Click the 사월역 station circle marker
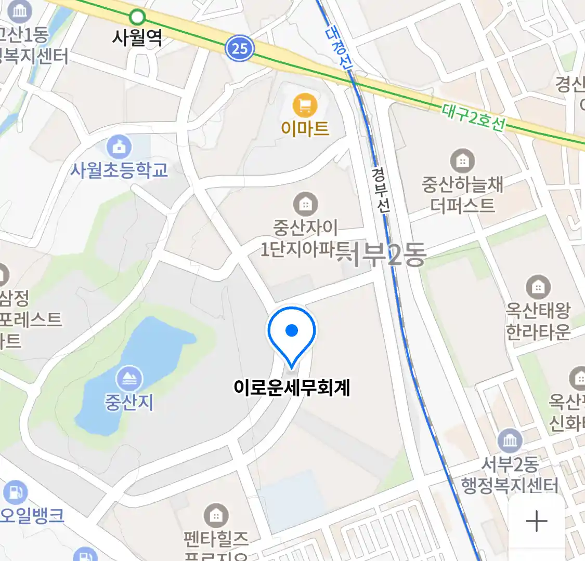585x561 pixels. point(137,17)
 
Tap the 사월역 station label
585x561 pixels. point(137,37)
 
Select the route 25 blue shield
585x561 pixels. point(239,48)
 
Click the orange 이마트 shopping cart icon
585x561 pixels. point(305,105)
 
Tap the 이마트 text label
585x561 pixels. point(305,128)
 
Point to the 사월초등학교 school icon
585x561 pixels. point(120,148)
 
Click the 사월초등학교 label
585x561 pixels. point(120,170)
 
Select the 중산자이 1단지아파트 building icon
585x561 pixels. point(305,205)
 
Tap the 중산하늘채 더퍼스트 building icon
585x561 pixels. point(462,161)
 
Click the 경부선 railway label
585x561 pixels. point(381,190)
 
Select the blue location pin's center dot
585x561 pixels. point(292,330)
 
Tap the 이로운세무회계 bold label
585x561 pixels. point(292,388)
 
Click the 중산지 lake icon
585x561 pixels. point(129,379)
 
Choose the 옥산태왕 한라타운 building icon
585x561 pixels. point(538,287)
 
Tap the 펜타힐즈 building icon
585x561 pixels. point(215,516)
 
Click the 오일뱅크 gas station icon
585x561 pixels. point(15,492)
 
